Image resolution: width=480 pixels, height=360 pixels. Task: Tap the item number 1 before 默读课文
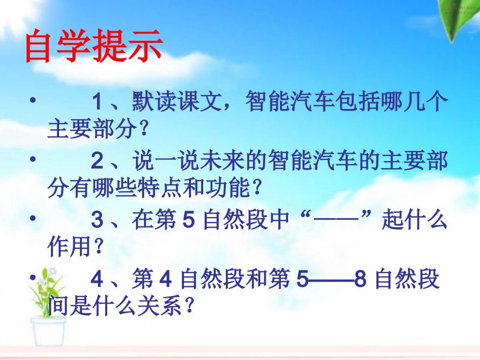[x=98, y=104]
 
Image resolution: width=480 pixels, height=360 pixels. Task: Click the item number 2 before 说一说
[x=98, y=163]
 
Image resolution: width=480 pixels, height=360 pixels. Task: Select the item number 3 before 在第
[x=98, y=221]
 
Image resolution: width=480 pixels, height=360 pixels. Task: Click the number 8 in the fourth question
[x=360, y=279]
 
